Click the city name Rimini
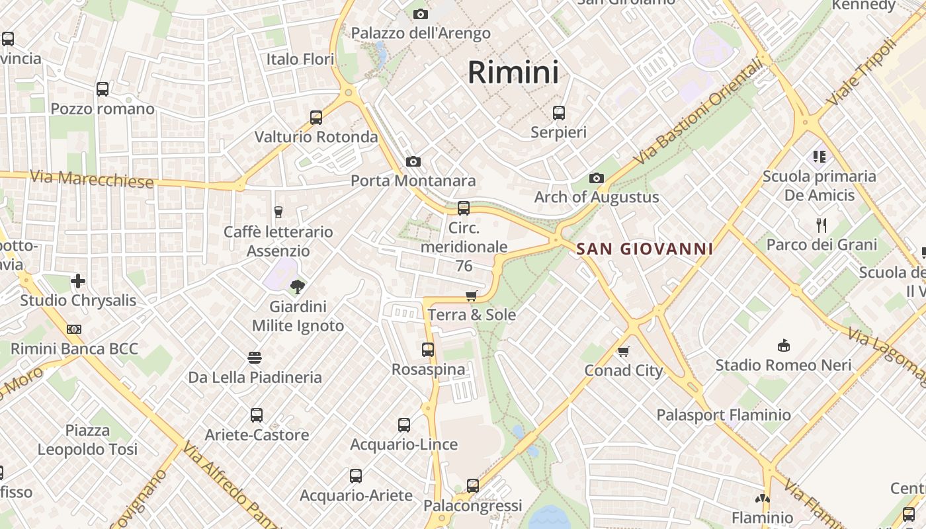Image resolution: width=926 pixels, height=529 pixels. click(x=513, y=72)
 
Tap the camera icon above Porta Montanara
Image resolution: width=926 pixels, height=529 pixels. click(x=413, y=161)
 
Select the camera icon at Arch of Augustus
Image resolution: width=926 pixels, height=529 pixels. click(x=597, y=178)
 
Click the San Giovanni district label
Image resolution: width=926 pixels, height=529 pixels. click(x=645, y=249)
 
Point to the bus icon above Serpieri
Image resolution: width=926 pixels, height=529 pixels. click(x=559, y=113)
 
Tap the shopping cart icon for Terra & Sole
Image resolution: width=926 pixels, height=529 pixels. click(x=472, y=296)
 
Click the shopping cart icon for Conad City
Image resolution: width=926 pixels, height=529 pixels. click(x=624, y=351)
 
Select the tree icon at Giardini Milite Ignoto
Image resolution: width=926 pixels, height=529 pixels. click(x=298, y=286)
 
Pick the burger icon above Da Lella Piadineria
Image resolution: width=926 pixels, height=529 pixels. click(x=255, y=358)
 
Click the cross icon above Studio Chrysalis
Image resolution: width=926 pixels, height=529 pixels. click(x=78, y=281)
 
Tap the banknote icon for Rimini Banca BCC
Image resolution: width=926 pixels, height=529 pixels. click(x=74, y=329)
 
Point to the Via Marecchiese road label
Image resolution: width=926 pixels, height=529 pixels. click(x=92, y=179)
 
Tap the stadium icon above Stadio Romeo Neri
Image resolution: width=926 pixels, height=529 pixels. click(x=784, y=345)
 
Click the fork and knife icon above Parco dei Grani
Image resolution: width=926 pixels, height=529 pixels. click(x=821, y=225)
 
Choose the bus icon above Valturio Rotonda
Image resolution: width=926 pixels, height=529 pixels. click(x=316, y=118)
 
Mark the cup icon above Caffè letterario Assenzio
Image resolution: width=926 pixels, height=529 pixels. click(x=278, y=212)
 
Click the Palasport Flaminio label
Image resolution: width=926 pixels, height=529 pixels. click(x=724, y=415)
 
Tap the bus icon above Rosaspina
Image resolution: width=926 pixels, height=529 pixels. click(x=428, y=350)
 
